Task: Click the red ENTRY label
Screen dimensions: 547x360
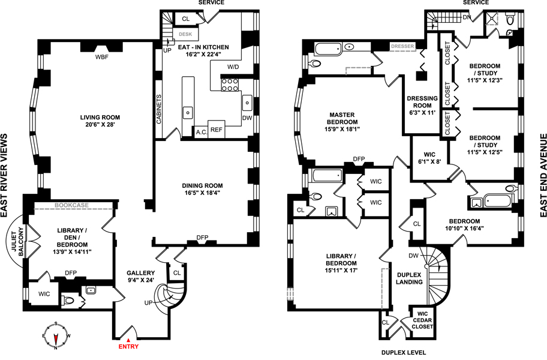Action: click(128, 346)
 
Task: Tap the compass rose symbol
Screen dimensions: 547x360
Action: click(55, 336)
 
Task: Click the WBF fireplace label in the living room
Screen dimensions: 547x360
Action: click(101, 57)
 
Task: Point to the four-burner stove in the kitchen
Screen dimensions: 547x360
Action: click(230, 85)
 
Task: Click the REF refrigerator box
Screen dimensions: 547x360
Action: click(217, 130)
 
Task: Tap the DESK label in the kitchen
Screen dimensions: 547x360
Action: click(185, 34)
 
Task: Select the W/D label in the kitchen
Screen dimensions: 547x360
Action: click(233, 67)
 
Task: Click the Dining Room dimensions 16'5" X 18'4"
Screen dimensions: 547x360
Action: click(202, 193)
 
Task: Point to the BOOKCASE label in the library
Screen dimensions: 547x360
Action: click(71, 205)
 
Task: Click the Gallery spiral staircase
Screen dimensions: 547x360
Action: click(170, 296)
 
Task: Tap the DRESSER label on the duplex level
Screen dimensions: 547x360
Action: click(402, 46)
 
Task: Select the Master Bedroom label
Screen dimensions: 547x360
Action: click(342, 118)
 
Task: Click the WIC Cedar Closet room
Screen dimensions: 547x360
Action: click(422, 320)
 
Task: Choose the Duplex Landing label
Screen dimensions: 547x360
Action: click(409, 278)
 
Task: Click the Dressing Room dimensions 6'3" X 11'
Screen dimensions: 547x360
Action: click(422, 113)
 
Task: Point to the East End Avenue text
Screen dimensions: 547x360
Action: click(543, 175)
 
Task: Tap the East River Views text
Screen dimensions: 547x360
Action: click(4, 176)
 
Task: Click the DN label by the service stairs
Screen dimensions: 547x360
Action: click(467, 17)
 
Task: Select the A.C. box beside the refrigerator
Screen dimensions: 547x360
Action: click(202, 132)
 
